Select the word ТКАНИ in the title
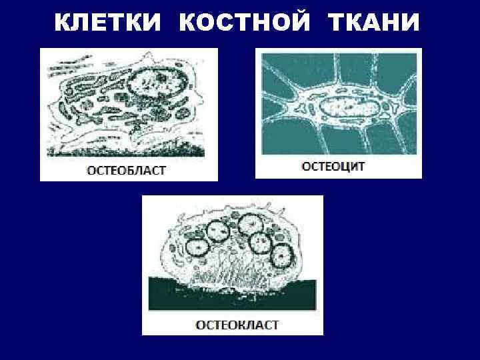click(x=374, y=24)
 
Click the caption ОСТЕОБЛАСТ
click(x=127, y=170)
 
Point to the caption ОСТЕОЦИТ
click(x=333, y=167)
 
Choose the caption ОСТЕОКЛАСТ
click(x=237, y=325)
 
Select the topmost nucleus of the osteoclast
click(x=250, y=225)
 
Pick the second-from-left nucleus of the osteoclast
click(x=218, y=230)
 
